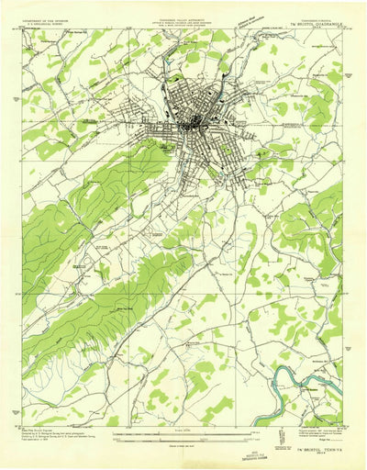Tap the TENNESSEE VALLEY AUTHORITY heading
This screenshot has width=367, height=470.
pos(183,17)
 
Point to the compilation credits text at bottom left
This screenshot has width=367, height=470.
pos(55,436)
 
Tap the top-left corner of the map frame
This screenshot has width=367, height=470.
pos(25,29)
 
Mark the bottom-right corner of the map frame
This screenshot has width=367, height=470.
pos(342,427)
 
